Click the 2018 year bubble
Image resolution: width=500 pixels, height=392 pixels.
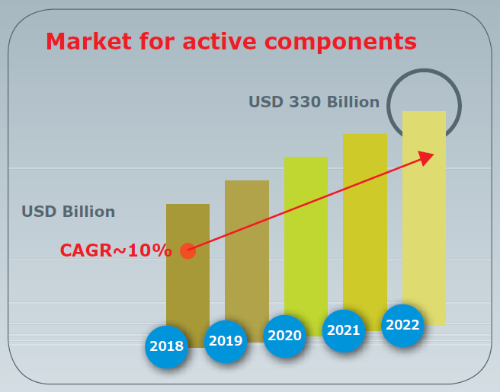click(x=166, y=346)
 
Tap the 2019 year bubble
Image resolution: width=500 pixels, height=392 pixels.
click(x=225, y=340)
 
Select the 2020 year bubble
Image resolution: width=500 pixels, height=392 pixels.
click(x=284, y=336)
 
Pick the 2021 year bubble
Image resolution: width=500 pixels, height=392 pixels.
click(x=344, y=330)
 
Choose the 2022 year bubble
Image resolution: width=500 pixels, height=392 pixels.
click(x=402, y=325)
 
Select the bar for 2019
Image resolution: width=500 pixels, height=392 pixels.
click(x=246, y=251)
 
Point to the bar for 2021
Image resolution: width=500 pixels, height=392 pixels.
click(x=364, y=221)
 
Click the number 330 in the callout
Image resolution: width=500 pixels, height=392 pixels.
click(x=305, y=102)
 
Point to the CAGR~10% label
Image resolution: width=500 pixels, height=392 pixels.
click(x=116, y=250)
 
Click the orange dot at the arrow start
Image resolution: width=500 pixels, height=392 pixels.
click(x=188, y=250)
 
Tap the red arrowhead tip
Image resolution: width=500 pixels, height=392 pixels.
click(x=431, y=155)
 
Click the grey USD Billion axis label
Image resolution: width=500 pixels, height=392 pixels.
click(x=68, y=212)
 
